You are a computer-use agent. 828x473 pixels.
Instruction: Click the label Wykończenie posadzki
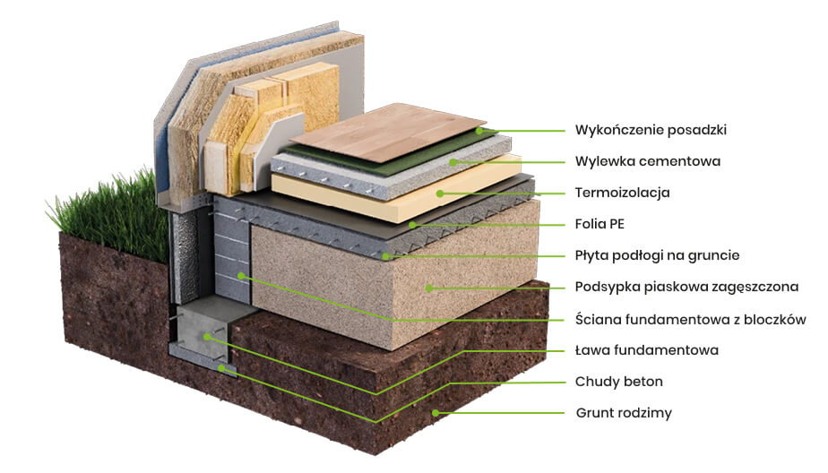[x=650, y=130]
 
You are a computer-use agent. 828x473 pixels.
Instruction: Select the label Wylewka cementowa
[x=647, y=162]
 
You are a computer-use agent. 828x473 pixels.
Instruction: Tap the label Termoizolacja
[x=622, y=193]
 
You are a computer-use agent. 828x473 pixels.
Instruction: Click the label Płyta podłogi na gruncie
[x=657, y=256]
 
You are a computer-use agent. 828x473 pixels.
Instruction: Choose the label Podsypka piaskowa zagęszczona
[x=686, y=288]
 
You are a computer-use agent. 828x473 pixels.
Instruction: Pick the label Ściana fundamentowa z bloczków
[x=690, y=320]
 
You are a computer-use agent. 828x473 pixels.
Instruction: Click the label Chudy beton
[x=618, y=382]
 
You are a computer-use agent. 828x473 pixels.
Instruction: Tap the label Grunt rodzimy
[x=623, y=413]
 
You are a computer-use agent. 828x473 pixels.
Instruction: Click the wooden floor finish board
[x=385, y=134]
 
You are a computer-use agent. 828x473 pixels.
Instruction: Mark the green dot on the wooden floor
[x=479, y=130]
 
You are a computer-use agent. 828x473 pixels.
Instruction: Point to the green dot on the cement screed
[x=454, y=162]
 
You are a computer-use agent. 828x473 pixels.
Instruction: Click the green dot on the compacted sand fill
[x=430, y=288]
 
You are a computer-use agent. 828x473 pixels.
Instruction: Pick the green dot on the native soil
[x=436, y=413]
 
